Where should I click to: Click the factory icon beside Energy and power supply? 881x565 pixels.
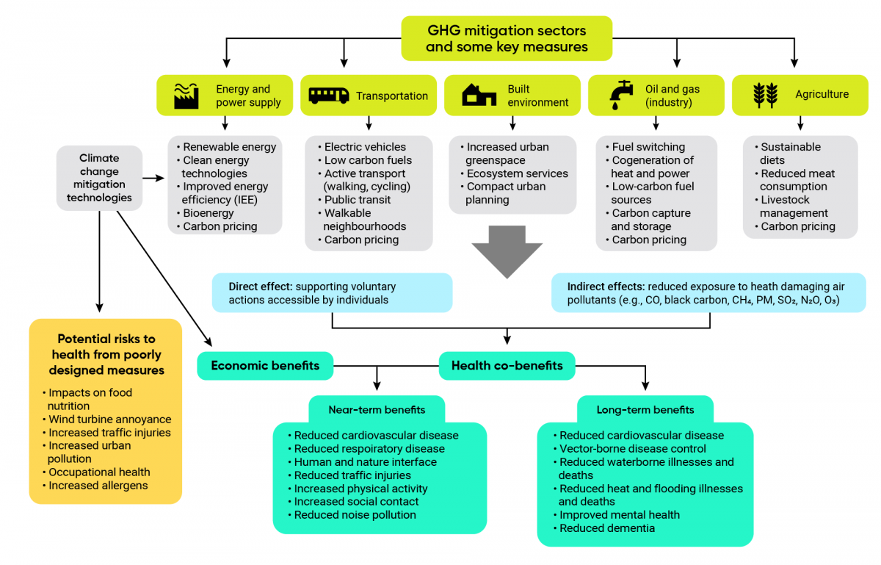187,96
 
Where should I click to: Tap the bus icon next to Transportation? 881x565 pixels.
328,96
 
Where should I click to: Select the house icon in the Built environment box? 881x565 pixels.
479,96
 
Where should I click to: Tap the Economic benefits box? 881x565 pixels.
265,366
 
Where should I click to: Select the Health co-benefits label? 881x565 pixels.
507,366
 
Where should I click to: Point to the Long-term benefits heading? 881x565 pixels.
645,409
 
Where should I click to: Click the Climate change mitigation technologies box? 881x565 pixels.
99,178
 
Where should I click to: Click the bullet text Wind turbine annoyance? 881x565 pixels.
110,420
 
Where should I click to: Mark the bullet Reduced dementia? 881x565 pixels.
607,528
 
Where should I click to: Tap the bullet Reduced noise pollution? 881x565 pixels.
355,515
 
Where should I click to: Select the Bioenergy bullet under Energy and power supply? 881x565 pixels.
208,213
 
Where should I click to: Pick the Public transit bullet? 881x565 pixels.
358,200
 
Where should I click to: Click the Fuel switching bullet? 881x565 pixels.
648,147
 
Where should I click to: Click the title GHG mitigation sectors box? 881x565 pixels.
507,38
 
